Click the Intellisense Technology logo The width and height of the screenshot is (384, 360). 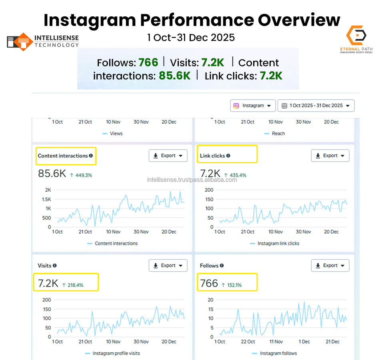coord(42,41)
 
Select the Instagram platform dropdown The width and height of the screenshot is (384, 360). coord(253,106)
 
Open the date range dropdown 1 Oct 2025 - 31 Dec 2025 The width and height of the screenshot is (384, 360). coord(316,106)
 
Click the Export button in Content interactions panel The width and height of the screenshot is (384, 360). coord(168,156)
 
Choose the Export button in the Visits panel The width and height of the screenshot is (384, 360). coord(168,265)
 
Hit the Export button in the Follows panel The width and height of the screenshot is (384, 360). coord(330,265)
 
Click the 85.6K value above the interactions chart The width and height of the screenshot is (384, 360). coord(52,174)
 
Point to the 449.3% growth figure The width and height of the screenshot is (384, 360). coord(81,175)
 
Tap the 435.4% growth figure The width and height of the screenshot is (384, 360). coord(235,175)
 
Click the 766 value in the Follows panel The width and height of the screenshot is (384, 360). coord(209,284)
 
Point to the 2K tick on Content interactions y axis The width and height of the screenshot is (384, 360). coord(48,190)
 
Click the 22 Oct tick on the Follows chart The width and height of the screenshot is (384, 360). coord(248,342)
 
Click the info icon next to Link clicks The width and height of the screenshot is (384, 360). coord(228,156)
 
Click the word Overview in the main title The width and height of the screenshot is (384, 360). coord(298,20)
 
